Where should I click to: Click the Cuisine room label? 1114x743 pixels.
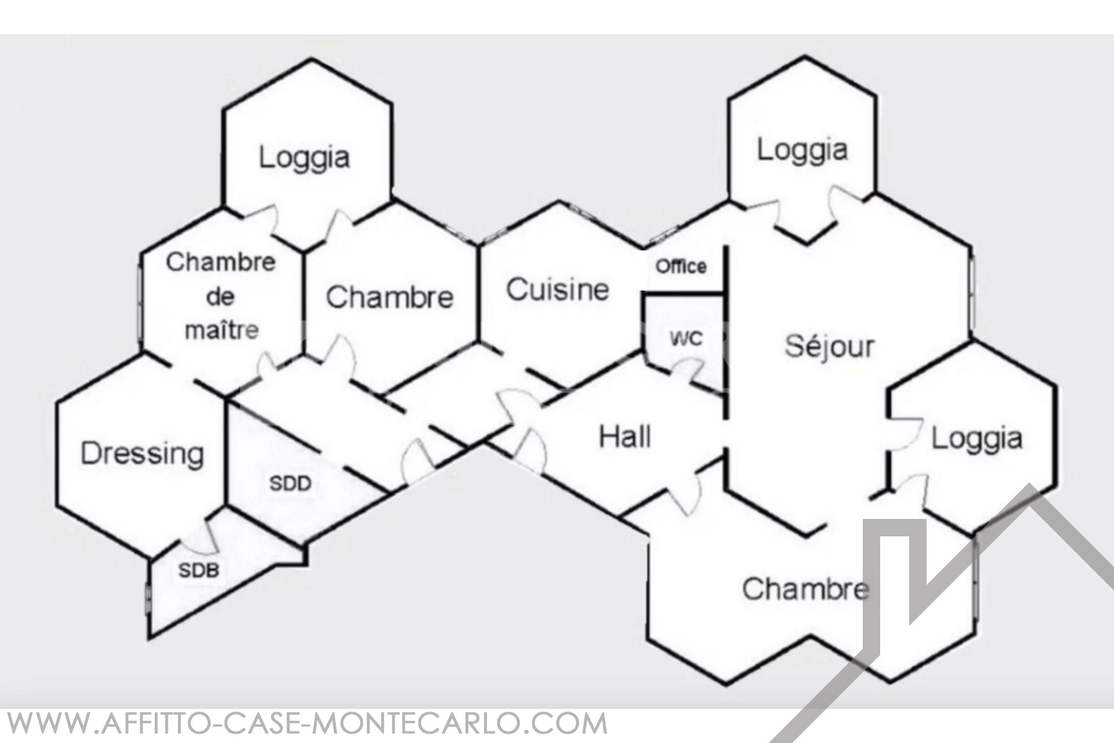coord(558,289)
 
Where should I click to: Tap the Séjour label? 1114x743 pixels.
coord(829,346)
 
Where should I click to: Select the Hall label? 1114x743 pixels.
coord(624,437)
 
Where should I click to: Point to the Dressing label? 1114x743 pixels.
coord(142,454)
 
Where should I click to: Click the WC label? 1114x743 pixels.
coord(686,338)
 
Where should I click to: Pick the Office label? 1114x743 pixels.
coord(681,266)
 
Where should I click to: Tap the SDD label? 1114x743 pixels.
coord(291,484)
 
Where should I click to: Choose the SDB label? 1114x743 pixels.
coord(198,571)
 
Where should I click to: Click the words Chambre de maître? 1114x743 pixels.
coord(221,296)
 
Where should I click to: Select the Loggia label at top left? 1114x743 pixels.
coord(304,157)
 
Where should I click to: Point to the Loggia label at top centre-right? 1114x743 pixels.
coord(802,150)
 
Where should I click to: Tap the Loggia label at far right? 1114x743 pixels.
coord(977,438)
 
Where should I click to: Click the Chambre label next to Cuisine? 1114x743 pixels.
coord(389,297)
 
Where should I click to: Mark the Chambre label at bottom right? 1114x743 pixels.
coord(805,589)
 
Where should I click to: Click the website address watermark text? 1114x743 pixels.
coord(304,724)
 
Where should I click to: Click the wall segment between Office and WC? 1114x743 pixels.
coord(685,294)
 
